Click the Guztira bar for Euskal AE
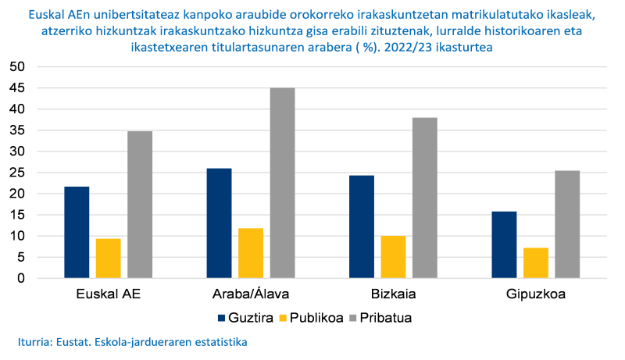[x=77, y=233]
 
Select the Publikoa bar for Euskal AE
[x=108, y=258]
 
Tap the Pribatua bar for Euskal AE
[x=140, y=205]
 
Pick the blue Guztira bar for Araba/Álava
[x=219, y=223]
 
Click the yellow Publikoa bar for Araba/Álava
[x=251, y=253]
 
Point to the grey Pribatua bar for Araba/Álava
[x=282, y=183]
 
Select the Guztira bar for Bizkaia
[x=362, y=226]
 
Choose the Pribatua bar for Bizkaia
[x=425, y=198]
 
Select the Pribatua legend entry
[x=382, y=318]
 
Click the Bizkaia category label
[x=393, y=294]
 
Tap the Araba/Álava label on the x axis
[x=250, y=294]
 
